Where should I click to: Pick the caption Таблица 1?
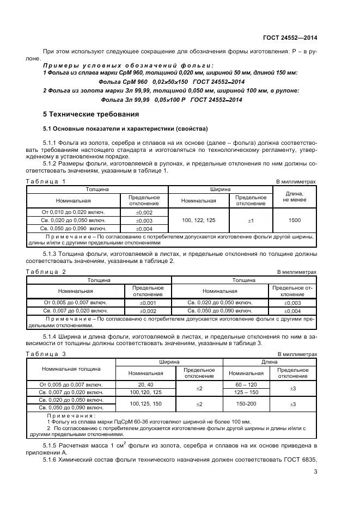[46, 181]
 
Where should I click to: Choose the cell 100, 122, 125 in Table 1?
[198, 220]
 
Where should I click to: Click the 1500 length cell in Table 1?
[295, 220]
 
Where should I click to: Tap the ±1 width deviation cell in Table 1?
[251, 220]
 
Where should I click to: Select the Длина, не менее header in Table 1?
[295, 197]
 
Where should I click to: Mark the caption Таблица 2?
[46, 271]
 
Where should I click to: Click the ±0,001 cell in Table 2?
[148, 302]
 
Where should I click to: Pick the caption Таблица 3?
[46, 353]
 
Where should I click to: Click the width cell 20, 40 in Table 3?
[145, 384]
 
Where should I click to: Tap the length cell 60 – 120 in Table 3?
[246, 384]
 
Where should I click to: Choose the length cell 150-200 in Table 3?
[246, 404]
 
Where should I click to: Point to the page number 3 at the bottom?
[315, 472]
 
